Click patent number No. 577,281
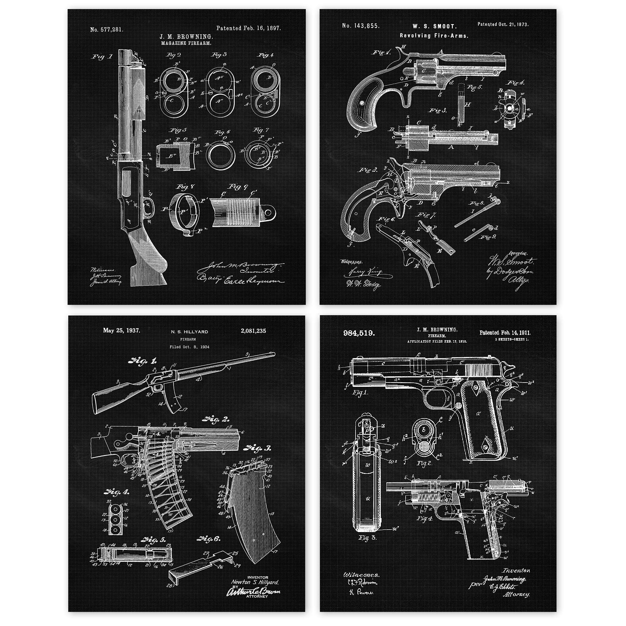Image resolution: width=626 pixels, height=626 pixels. [x=107, y=30]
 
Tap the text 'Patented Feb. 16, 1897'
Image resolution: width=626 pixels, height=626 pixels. [x=248, y=28]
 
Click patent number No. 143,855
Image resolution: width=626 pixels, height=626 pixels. [x=361, y=26]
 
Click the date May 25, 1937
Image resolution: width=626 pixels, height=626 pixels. [x=121, y=331]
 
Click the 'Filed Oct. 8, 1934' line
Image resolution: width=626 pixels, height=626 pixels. [x=189, y=347]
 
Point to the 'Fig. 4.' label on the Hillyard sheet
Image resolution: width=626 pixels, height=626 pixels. [x=117, y=492]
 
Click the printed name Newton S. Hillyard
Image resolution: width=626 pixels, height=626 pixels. [x=254, y=582]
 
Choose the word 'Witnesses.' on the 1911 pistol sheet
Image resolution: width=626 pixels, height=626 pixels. [x=361, y=575]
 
